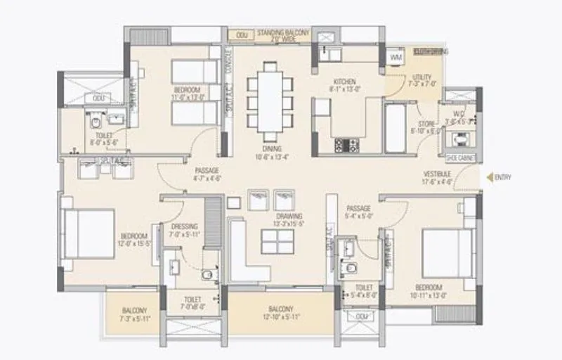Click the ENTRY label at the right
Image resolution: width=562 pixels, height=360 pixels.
(502, 177)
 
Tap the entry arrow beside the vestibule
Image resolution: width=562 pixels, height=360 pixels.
(487, 177)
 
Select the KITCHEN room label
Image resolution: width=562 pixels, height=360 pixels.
(344, 85)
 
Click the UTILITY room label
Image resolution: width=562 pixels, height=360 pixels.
(423, 80)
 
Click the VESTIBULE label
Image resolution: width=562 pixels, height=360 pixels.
(437, 177)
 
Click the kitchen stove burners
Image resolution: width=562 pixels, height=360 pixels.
(346, 145)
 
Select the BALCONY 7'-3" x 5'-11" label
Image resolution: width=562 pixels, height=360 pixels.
(134, 314)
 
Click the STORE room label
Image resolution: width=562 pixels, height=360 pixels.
(426, 127)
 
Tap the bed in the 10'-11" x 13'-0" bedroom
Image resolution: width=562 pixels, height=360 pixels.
(443, 247)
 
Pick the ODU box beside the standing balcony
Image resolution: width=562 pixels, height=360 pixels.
(242, 34)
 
